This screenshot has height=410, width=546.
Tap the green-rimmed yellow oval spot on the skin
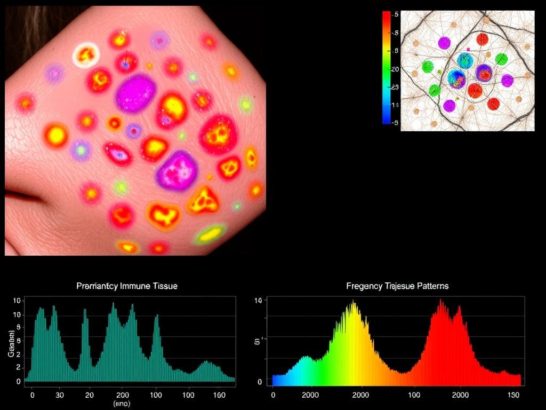click(x=211, y=234)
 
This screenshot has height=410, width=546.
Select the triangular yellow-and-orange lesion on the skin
click(x=204, y=201)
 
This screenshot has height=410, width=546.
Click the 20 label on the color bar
click(x=395, y=69)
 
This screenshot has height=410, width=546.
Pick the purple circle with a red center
click(x=484, y=73)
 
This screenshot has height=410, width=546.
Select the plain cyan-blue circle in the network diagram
click(x=465, y=60)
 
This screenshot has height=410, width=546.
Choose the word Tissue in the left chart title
click(x=165, y=286)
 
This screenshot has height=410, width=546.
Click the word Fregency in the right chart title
click(x=364, y=286)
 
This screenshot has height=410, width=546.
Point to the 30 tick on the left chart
click(x=60, y=395)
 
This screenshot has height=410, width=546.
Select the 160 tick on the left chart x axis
click(x=219, y=395)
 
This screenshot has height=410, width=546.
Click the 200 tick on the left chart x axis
click(x=122, y=395)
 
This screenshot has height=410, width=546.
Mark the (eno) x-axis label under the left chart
click(x=122, y=404)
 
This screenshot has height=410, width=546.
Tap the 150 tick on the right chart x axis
click(x=513, y=395)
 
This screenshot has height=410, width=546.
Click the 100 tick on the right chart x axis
click(x=413, y=395)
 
